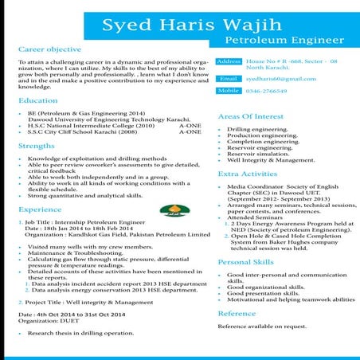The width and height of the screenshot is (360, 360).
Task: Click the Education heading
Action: coord(37,101)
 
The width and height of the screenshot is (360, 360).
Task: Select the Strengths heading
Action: coord(36,147)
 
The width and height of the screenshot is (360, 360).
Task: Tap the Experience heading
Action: coord(40,209)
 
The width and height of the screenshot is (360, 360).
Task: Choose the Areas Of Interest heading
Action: coord(251,117)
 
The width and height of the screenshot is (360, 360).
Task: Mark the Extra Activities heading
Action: coord(248,173)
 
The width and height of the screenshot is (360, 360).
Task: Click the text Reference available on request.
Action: coord(263,327)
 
